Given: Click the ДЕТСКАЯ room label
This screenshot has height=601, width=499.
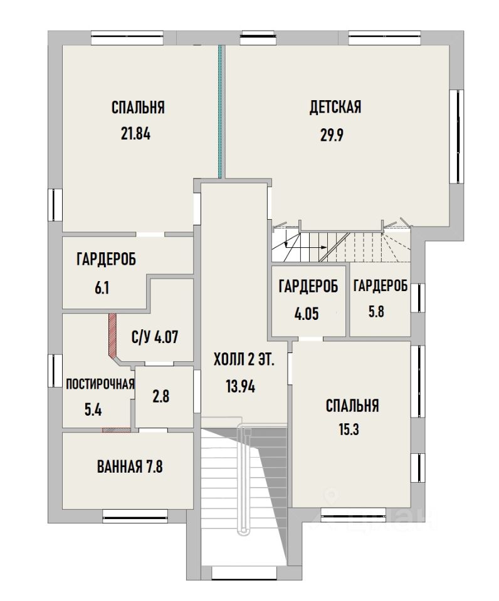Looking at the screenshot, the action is [x=335, y=107].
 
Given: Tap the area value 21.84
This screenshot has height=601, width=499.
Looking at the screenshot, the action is [x=136, y=134].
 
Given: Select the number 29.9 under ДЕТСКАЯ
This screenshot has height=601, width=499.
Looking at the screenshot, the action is [x=332, y=135].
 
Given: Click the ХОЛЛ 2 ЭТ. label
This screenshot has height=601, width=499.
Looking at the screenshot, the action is [x=244, y=361].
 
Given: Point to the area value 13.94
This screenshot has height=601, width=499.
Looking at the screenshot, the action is [x=241, y=387].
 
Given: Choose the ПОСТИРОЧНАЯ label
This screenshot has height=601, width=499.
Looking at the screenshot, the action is [x=100, y=384].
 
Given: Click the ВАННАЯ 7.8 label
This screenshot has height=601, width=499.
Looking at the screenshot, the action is [x=130, y=467].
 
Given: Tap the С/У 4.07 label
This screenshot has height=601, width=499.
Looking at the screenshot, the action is [x=155, y=337].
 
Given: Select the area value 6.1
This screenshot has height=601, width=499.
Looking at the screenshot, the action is [x=102, y=287].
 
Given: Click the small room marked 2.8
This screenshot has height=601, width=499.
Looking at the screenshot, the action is [x=161, y=396].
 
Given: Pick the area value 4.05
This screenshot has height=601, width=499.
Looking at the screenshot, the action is [x=307, y=314].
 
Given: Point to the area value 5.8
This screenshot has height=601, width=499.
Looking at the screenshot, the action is [x=376, y=312].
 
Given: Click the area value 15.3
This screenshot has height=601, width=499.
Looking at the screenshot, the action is [x=349, y=429].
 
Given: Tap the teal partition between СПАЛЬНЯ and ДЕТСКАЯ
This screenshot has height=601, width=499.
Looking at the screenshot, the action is [x=220, y=111].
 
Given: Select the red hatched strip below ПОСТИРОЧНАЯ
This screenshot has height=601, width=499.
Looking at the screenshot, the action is [x=117, y=430].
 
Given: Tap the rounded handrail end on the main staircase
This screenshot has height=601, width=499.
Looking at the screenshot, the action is [x=242, y=531].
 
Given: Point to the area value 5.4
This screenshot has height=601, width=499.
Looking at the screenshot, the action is [x=93, y=411].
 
